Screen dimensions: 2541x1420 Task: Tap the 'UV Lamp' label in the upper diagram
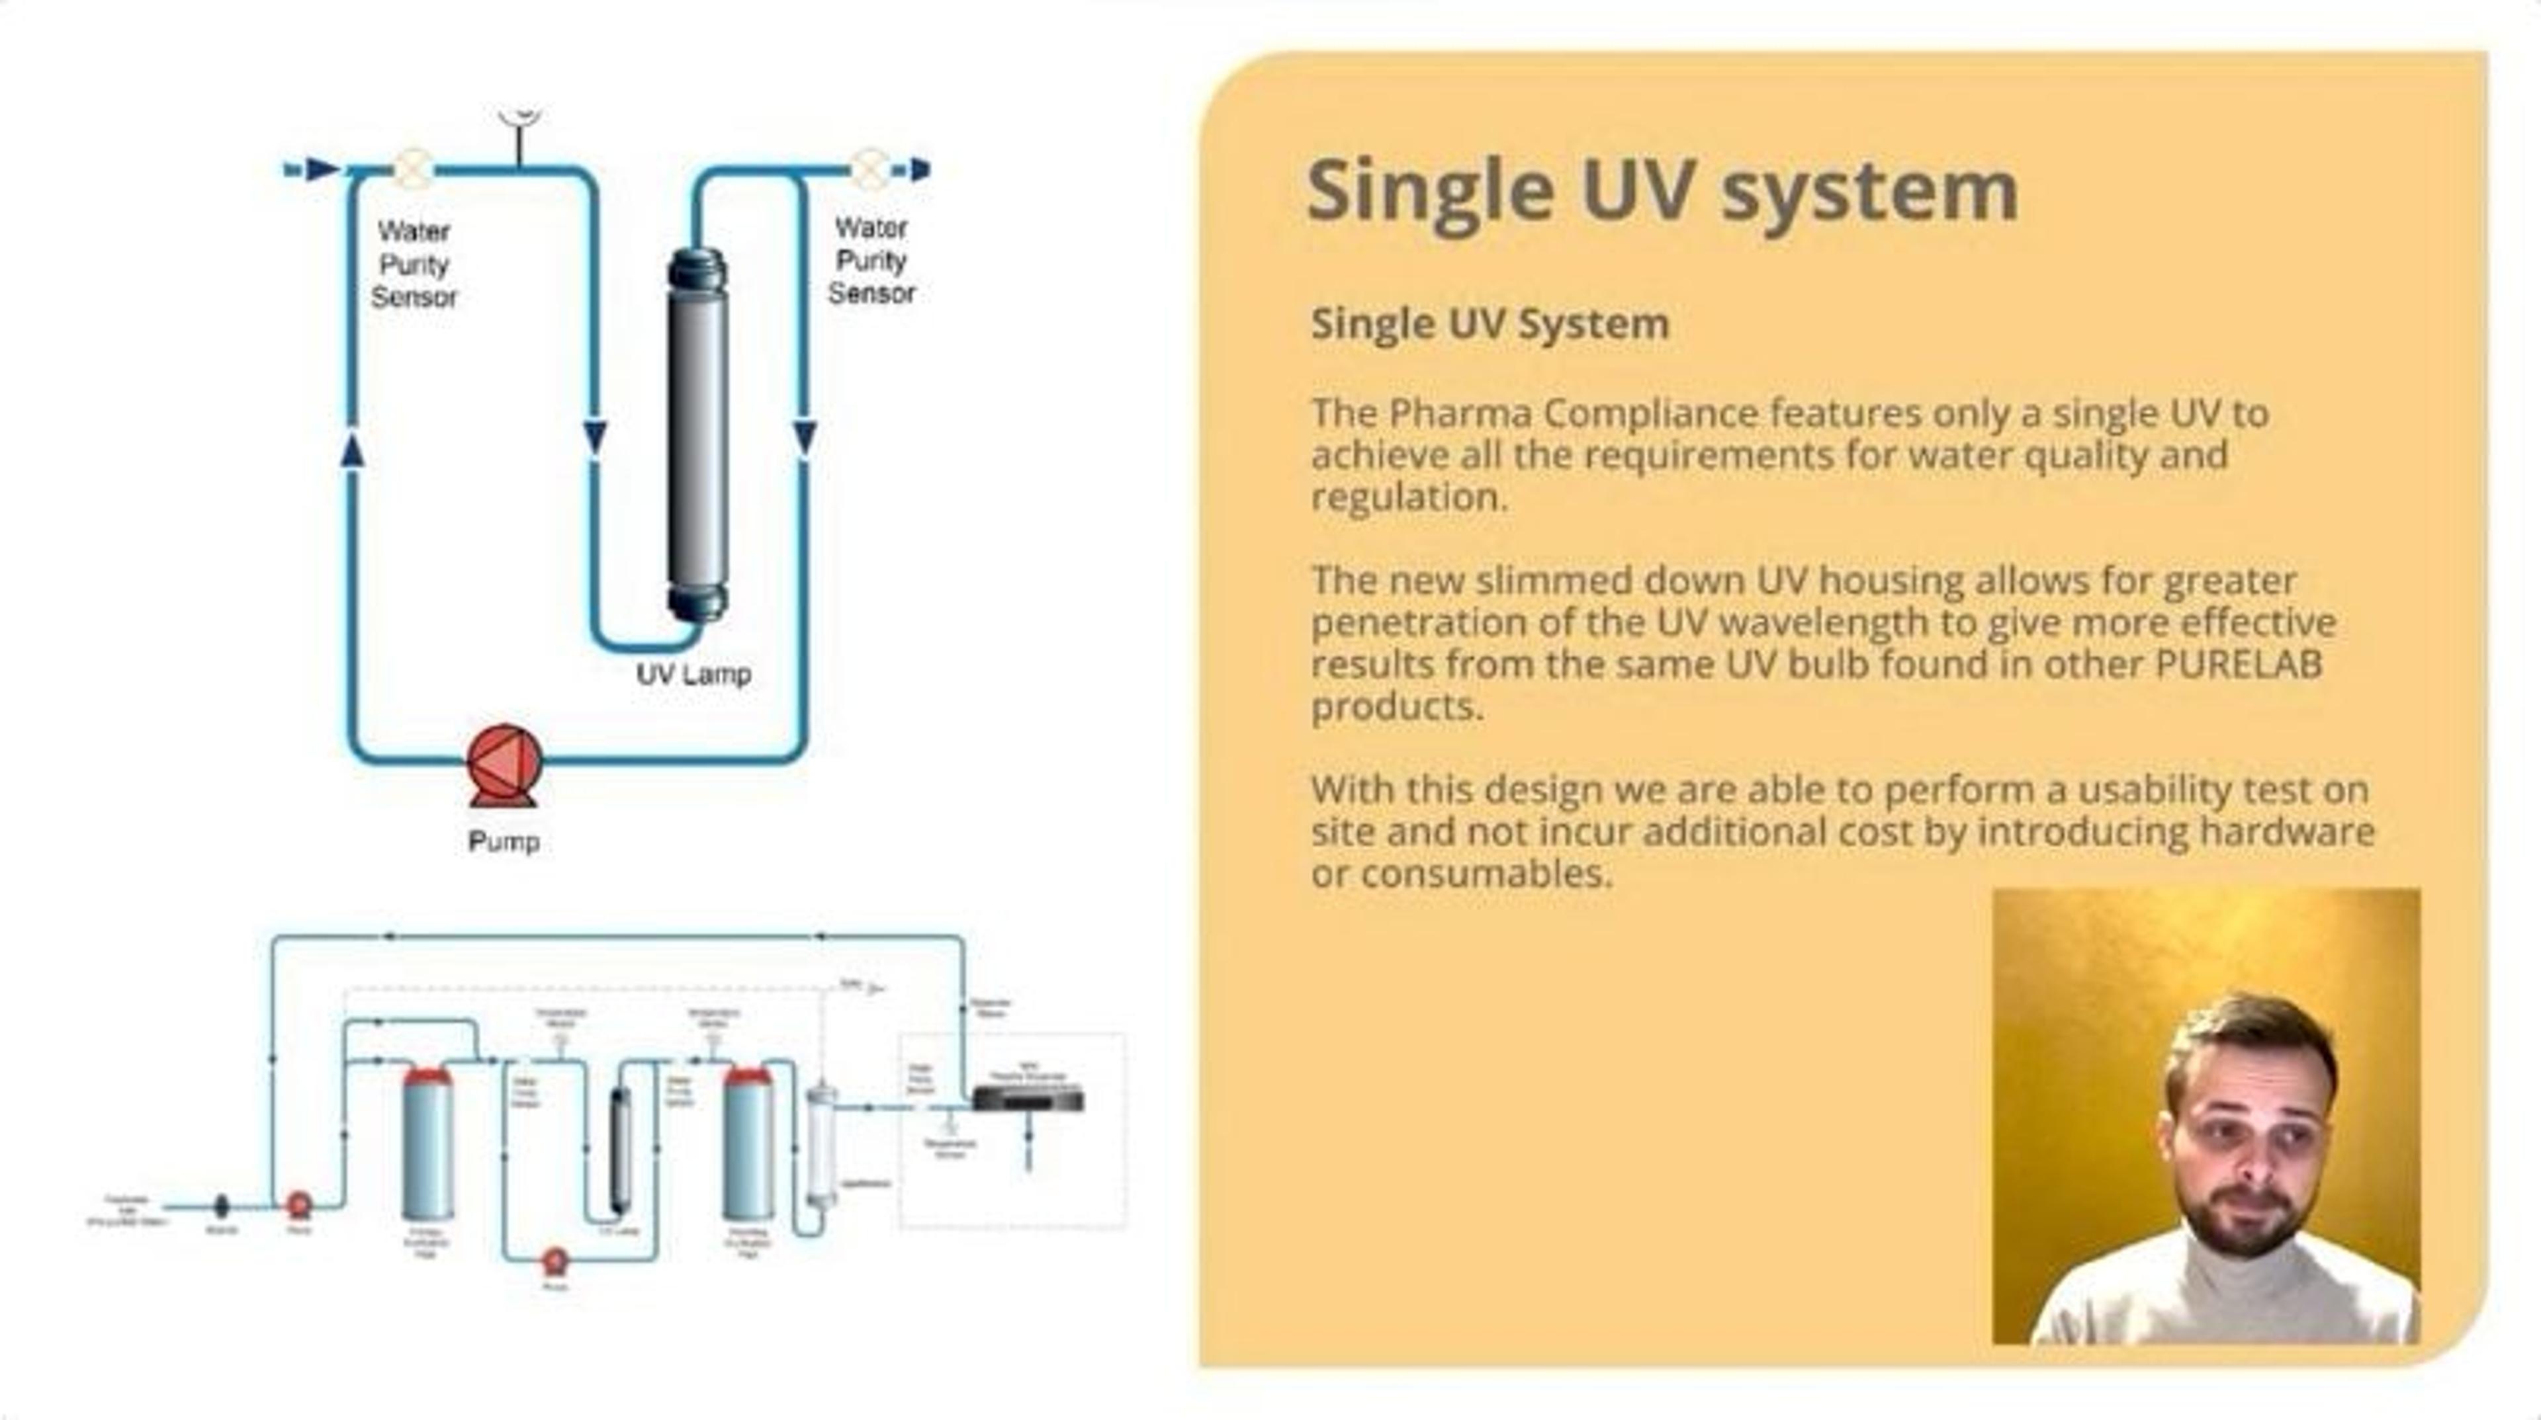pos(693,675)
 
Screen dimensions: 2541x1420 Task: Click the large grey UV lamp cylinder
pos(698,434)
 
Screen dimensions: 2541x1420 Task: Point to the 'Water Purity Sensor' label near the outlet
pos(871,261)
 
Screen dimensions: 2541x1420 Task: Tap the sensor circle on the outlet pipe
pos(868,169)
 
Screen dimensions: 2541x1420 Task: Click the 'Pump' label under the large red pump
pos(503,842)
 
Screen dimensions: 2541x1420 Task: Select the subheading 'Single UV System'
pos(1490,323)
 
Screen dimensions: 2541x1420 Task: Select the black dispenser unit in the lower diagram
pos(1028,1097)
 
